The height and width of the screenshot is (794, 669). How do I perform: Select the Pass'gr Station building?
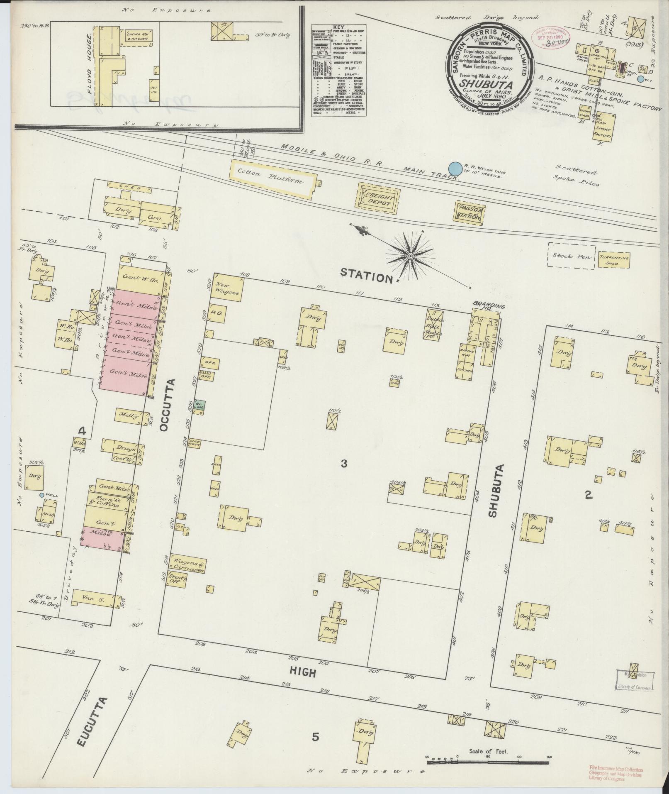(x=469, y=213)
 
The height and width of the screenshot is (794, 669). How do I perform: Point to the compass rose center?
(x=410, y=256)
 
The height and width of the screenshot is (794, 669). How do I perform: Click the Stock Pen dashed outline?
(x=571, y=256)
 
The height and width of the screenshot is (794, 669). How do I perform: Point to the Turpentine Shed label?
(x=614, y=260)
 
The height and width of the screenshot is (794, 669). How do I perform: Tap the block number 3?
(x=343, y=464)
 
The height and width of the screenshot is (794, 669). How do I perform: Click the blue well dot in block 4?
(x=41, y=495)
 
